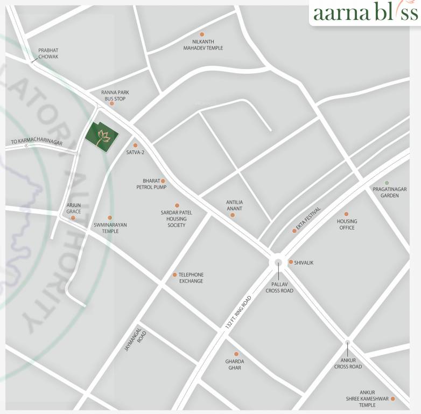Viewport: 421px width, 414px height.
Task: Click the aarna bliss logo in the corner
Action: (x=365, y=13)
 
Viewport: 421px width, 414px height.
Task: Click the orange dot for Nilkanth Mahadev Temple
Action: (x=202, y=34)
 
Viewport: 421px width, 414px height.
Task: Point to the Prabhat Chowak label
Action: (x=48, y=53)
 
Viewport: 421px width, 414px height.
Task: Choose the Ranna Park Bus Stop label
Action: (x=115, y=95)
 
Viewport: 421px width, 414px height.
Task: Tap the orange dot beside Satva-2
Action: (x=135, y=145)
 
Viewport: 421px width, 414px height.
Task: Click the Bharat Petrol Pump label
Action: (x=151, y=184)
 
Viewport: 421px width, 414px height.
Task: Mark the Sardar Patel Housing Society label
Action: (x=176, y=219)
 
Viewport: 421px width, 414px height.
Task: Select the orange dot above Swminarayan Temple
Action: (x=110, y=218)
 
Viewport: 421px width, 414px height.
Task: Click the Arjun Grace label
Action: (x=73, y=208)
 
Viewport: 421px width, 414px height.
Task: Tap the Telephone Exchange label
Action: (x=191, y=278)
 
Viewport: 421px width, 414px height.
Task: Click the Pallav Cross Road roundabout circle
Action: (x=278, y=263)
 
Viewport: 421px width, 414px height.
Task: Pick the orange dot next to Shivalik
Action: (x=291, y=262)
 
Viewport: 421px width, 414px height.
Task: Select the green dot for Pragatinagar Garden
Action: (x=387, y=183)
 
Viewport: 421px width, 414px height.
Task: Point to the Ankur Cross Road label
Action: (x=348, y=363)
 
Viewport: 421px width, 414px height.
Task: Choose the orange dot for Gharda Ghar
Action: (x=236, y=354)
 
